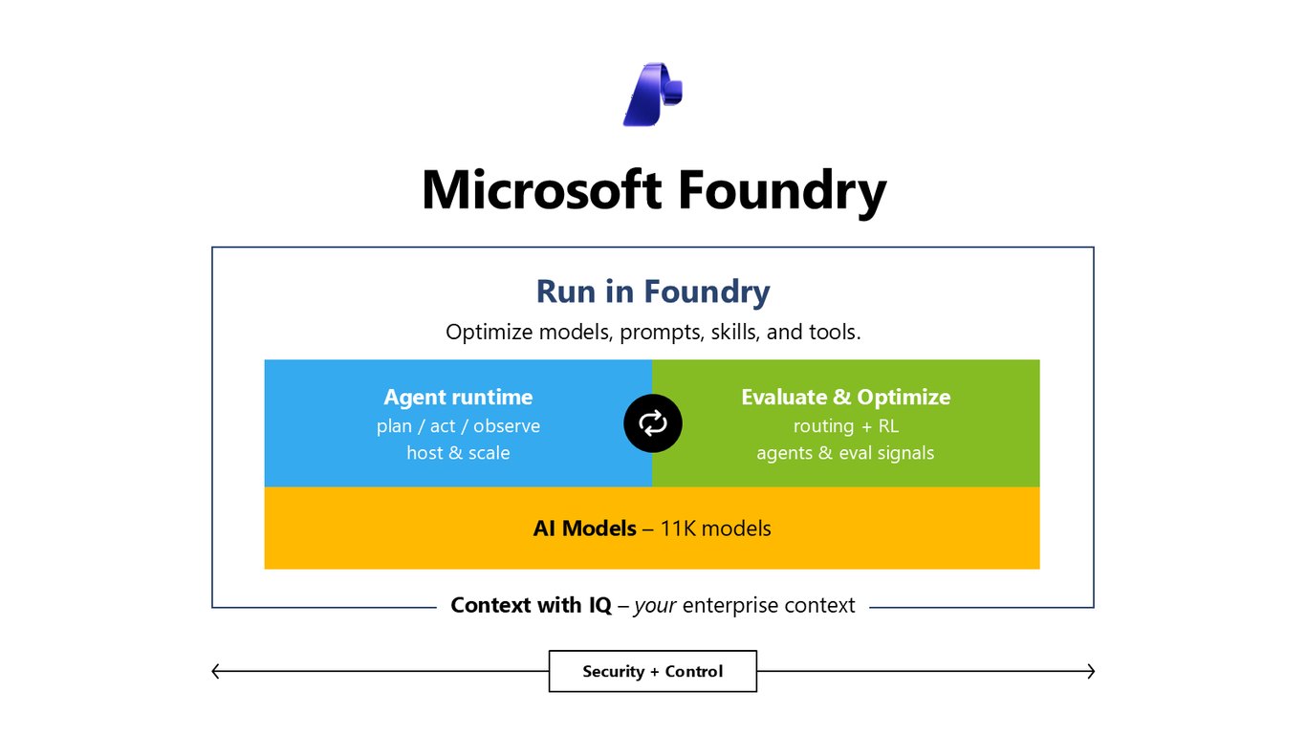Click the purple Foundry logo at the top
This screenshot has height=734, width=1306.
(652, 94)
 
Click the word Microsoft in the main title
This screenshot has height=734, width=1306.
(542, 189)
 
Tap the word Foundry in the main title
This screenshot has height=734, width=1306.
(782, 192)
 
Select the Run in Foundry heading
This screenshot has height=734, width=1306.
(653, 292)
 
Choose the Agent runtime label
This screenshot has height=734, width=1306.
(458, 397)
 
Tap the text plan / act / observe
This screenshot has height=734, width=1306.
(458, 426)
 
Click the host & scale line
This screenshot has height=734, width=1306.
(458, 453)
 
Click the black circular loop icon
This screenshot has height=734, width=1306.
(653, 423)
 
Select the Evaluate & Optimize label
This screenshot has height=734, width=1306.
(846, 397)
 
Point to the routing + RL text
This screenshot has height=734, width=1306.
(846, 426)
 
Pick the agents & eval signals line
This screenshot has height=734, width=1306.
(845, 453)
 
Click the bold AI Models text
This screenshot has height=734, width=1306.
(585, 529)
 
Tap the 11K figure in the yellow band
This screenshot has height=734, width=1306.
(678, 529)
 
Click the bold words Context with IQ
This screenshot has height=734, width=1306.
(532, 605)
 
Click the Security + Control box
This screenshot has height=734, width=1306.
(653, 671)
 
